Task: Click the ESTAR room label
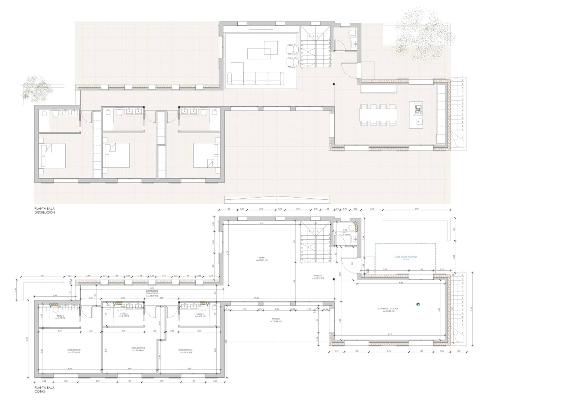click(x=261, y=258)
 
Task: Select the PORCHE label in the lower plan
click(x=276, y=320)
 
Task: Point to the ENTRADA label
click(x=318, y=276)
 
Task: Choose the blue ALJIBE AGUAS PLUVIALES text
click(x=405, y=257)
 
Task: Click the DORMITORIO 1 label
click(x=74, y=351)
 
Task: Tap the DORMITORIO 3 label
click(x=185, y=351)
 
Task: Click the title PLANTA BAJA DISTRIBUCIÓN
click(x=45, y=210)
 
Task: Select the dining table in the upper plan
click(x=378, y=114)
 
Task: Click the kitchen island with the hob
click(x=416, y=114)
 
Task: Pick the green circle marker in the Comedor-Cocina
click(x=418, y=304)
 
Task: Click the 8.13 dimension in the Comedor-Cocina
click(x=390, y=334)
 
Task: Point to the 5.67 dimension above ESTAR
click(x=262, y=223)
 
